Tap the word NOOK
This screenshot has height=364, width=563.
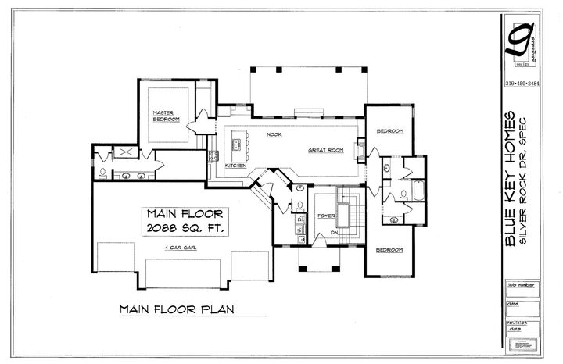point(274,135)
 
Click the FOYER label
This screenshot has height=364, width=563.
point(326,216)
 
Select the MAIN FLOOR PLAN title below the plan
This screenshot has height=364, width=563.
point(176,309)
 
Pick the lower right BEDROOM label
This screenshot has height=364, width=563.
point(389,250)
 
